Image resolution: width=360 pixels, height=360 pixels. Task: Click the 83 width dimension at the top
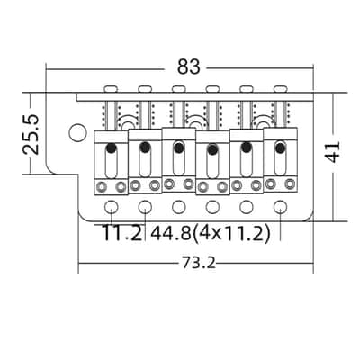tap(188, 67)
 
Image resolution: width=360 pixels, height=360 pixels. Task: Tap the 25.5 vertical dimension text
tap(31, 134)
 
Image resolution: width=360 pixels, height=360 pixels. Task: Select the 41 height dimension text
tap(333, 151)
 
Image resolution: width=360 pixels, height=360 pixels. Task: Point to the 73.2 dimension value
tap(198, 264)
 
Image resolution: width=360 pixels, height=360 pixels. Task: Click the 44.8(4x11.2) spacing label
tap(211, 233)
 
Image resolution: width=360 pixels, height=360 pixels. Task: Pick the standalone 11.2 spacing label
tap(122, 233)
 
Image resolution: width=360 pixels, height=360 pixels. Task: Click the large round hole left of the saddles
tap(77, 132)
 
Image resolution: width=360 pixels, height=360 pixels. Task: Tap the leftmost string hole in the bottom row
tap(112, 207)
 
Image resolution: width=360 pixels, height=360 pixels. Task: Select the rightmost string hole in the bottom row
tap(281, 206)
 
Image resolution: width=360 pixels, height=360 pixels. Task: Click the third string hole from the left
tap(179, 207)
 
